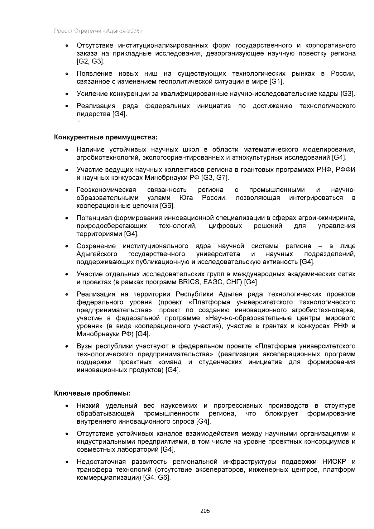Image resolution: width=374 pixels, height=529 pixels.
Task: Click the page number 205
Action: click(205, 511)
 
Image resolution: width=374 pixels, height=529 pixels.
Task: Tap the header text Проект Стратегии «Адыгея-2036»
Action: click(98, 31)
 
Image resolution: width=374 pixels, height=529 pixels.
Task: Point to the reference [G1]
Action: click(276, 82)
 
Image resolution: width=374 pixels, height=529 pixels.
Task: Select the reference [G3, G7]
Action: click(215, 178)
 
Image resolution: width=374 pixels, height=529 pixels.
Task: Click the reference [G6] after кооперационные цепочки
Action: click(167, 206)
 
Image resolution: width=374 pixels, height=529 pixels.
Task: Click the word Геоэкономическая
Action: click(106, 190)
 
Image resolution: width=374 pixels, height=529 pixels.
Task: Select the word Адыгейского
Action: click(97, 254)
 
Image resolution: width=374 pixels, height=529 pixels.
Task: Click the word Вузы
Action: click(84, 346)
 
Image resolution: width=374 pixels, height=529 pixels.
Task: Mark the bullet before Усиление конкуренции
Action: click(67, 94)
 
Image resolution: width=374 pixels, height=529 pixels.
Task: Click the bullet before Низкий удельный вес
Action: click(67, 406)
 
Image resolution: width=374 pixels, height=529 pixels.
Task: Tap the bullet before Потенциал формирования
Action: click(67, 218)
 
